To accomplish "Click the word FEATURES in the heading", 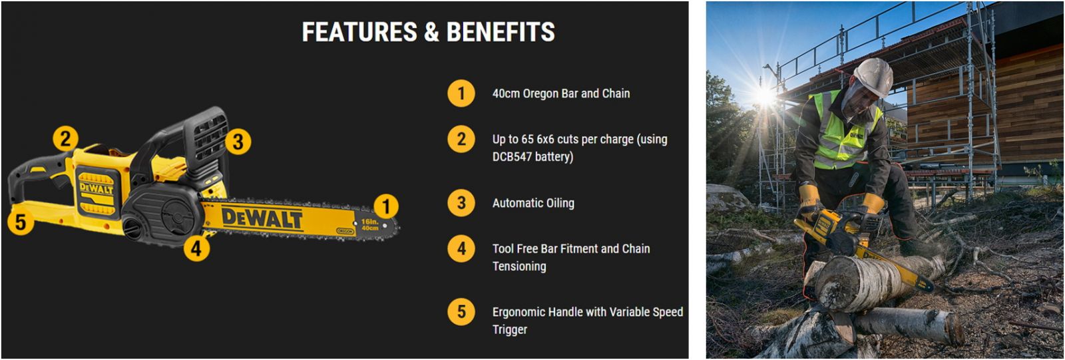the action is (359, 32).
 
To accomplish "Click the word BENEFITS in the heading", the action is (501, 32).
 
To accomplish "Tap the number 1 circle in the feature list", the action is (461, 93).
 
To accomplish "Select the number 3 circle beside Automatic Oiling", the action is (461, 203).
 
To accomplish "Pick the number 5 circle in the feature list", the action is (461, 312).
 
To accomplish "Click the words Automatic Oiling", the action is (533, 204).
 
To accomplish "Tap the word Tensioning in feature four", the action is (519, 266).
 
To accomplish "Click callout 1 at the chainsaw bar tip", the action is (386, 206).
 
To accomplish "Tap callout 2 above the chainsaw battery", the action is (66, 139).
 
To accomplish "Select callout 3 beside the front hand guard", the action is (238, 142).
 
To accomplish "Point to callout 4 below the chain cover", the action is (196, 248).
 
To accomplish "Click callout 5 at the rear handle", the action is (21, 222).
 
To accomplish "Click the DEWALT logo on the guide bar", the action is (262, 219).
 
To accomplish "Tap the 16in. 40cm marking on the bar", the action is (369, 225).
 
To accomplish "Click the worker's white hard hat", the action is (874, 77).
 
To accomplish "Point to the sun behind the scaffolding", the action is (765, 97).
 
